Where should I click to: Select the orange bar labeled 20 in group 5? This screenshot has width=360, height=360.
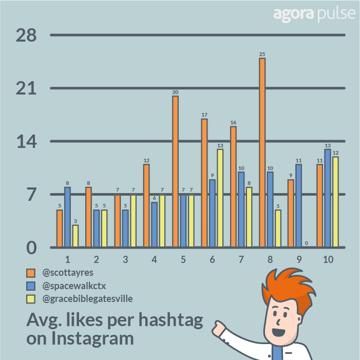click(x=175, y=172)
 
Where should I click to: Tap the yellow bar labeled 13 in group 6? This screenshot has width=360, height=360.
click(x=220, y=198)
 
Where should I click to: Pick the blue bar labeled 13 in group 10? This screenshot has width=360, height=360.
click(x=328, y=198)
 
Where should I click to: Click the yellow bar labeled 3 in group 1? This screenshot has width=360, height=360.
click(x=75, y=236)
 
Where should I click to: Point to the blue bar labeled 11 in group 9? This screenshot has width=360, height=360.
click(x=299, y=205)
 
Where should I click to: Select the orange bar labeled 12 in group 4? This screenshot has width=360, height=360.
click(x=146, y=205)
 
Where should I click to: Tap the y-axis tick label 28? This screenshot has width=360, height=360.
click(x=26, y=35)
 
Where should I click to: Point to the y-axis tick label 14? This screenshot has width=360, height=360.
click(x=26, y=142)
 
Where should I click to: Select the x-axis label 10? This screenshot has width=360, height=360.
click(x=328, y=259)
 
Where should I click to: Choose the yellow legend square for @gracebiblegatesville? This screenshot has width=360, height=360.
click(x=31, y=298)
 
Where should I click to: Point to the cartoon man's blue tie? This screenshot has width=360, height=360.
click(x=277, y=352)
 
